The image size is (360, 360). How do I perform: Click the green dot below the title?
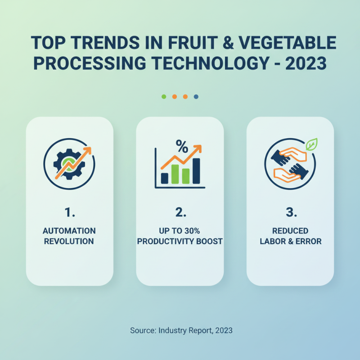pos(163,96)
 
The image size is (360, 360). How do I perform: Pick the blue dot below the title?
pos(196,96)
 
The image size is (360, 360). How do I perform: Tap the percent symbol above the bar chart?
pos(181,146)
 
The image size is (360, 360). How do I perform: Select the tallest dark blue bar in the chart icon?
pos(196,171)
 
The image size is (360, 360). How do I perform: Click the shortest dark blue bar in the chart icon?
pos(165,178)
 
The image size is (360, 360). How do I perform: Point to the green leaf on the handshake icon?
pos(311,144)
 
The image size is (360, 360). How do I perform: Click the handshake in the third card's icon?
pos(289,164)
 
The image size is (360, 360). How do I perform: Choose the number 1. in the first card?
pos(69,211)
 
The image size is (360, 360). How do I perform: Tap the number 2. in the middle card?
pos(180,211)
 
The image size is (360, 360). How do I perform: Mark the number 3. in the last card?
pos(290,211)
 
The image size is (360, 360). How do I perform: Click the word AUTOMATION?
pos(69,230)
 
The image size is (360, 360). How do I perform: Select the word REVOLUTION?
pos(69,241)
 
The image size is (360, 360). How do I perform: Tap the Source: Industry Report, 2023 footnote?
pos(181,330)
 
